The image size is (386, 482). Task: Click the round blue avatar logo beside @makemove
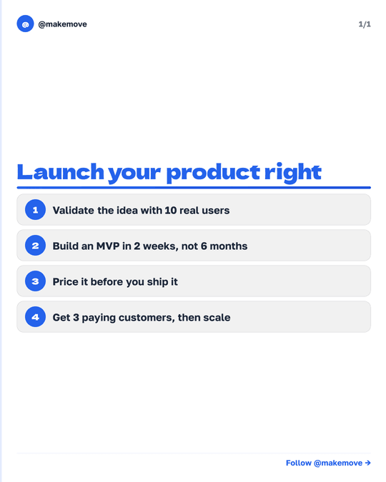pyautogui.click(x=25, y=24)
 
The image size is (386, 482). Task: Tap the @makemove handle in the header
pyautogui.click(x=63, y=24)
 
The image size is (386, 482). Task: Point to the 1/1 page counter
pyautogui.click(x=365, y=24)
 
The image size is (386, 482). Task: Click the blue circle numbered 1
pyautogui.click(x=35, y=210)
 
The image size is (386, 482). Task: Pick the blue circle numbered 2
pyautogui.click(x=35, y=246)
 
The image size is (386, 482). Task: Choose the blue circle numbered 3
pyautogui.click(x=35, y=281)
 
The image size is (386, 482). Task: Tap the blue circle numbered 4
pyautogui.click(x=35, y=317)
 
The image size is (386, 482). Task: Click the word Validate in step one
pyautogui.click(x=74, y=211)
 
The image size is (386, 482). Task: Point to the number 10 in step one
pyautogui.click(x=171, y=211)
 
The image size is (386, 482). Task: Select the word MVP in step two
pyautogui.click(x=109, y=246)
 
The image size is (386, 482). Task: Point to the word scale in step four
pyautogui.click(x=217, y=318)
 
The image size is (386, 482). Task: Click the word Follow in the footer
pyautogui.click(x=298, y=463)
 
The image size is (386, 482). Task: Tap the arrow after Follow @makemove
pyautogui.click(x=367, y=463)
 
